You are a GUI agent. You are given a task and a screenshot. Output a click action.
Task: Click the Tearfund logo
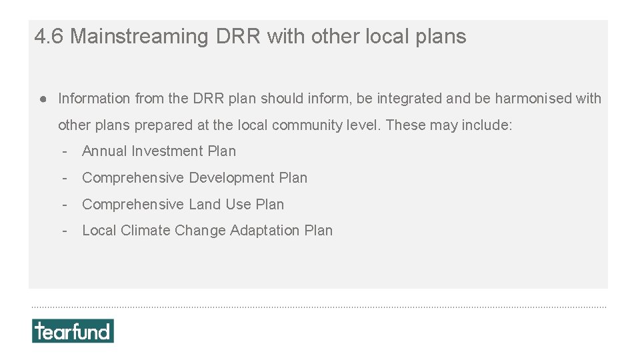point(73,331)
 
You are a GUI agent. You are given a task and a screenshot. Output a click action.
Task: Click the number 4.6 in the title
point(49,37)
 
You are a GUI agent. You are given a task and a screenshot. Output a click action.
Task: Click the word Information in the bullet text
point(94,99)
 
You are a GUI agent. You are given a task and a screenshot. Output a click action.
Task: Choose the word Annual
point(105,151)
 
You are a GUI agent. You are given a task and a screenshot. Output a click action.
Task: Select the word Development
point(232,178)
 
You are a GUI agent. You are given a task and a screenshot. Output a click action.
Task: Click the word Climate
point(145,231)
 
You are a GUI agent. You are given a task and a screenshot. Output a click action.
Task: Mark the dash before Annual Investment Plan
point(65,151)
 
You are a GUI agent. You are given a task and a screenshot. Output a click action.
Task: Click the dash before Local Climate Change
point(65,231)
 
